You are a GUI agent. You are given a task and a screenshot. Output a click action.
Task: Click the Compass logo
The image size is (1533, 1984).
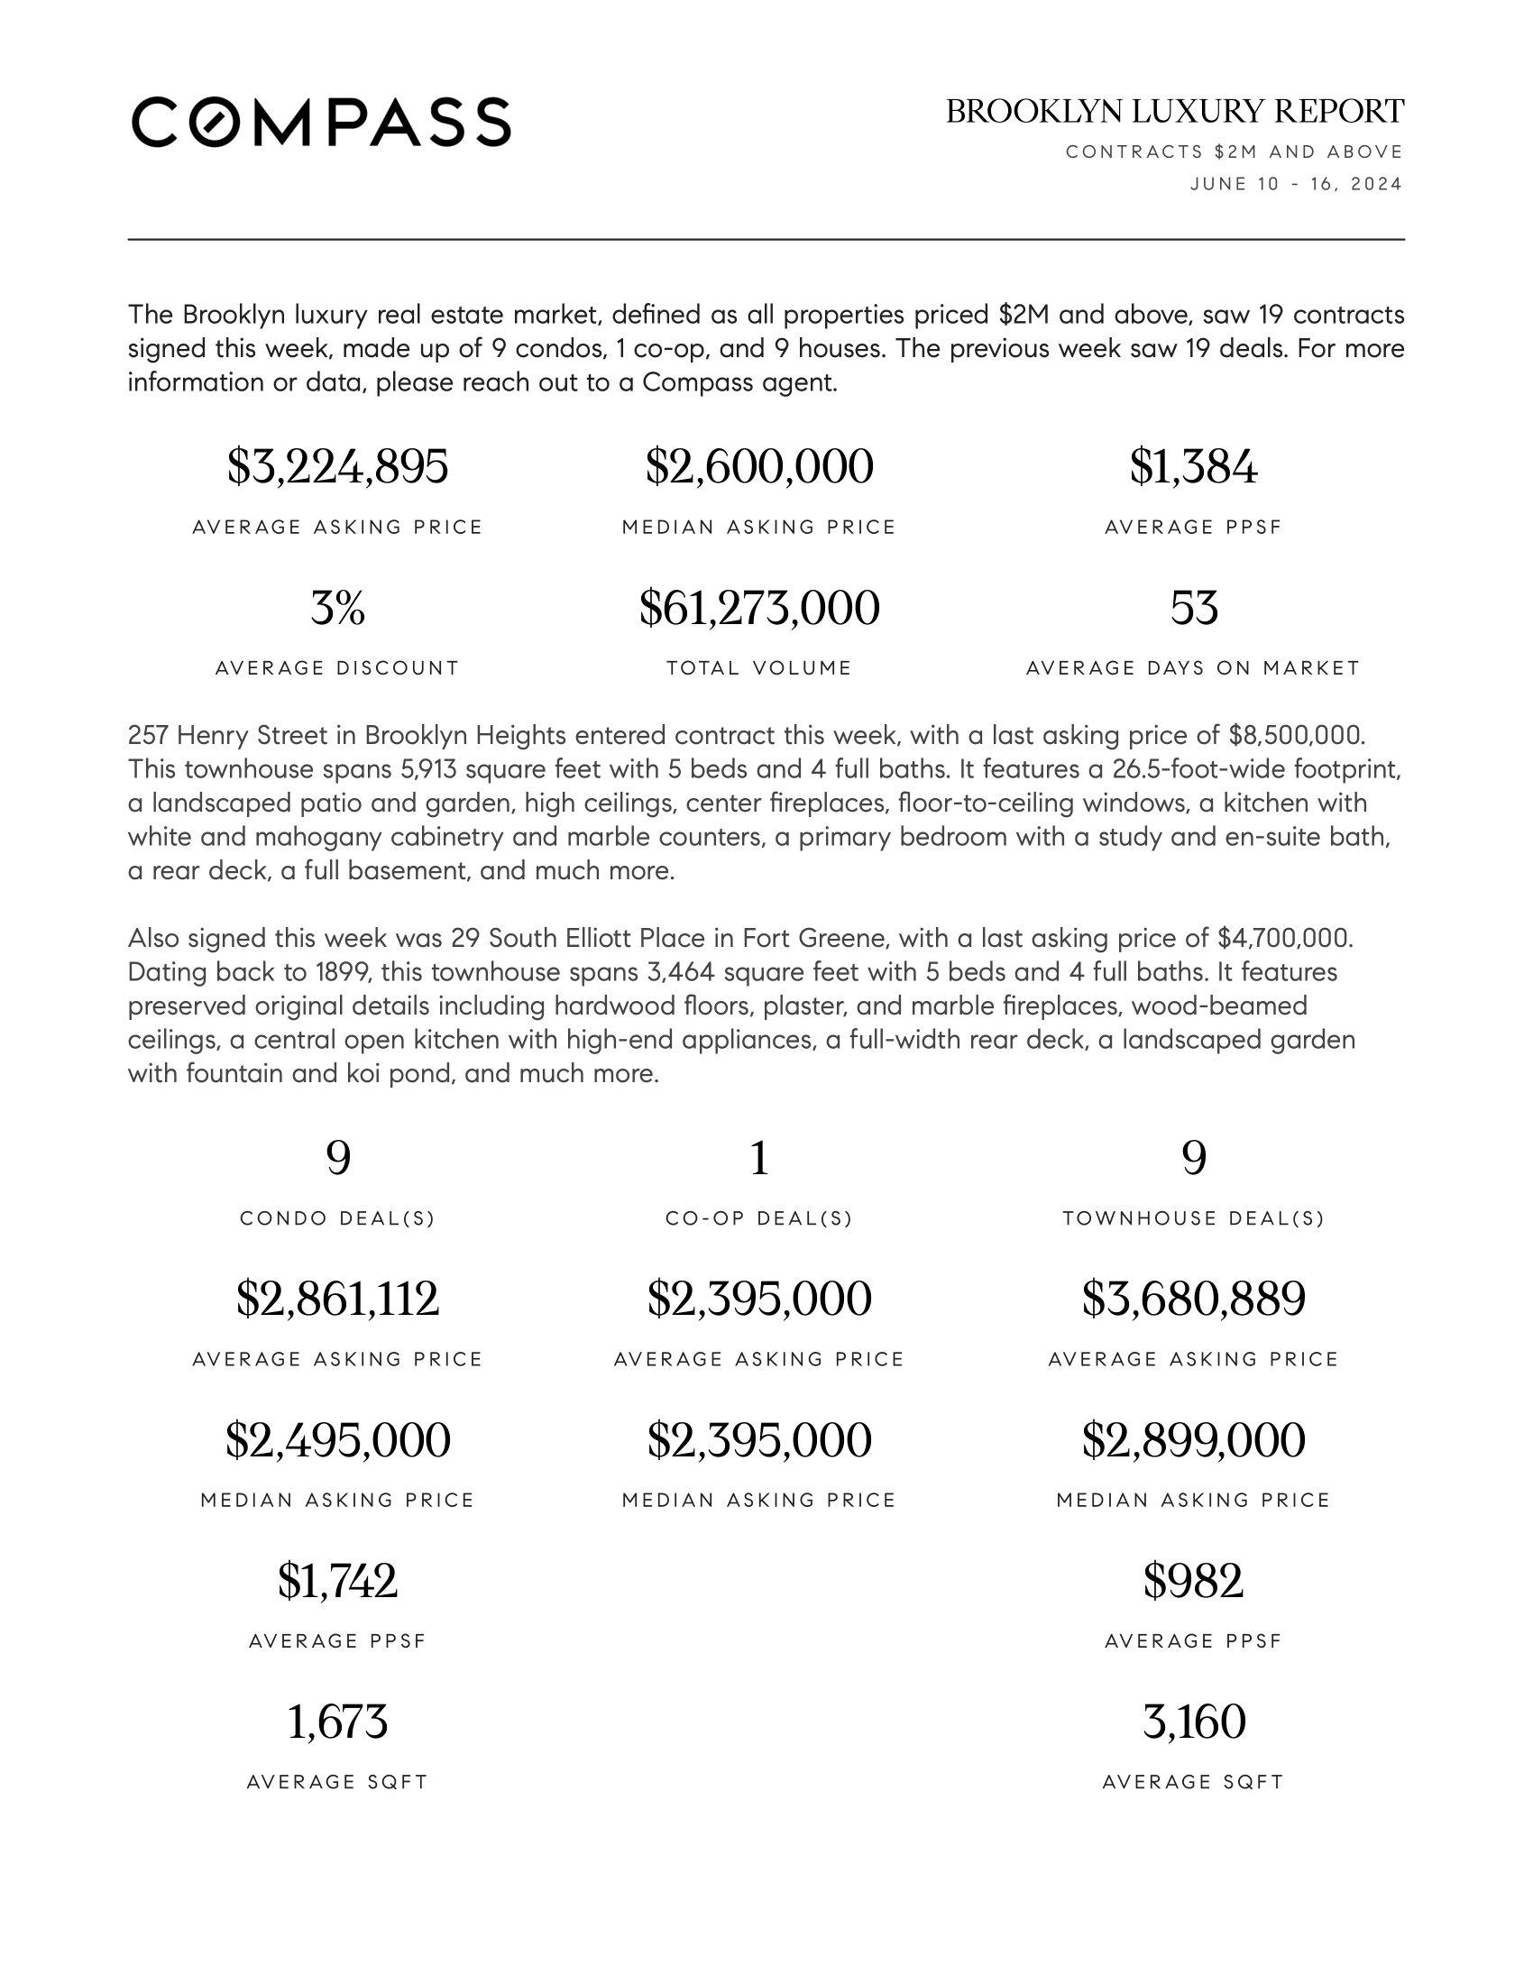coord(321,122)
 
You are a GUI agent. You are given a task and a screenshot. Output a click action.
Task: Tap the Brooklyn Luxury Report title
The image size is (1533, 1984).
coord(1174,112)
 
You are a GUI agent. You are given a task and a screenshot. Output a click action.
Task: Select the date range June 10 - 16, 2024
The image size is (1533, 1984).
coord(1296,184)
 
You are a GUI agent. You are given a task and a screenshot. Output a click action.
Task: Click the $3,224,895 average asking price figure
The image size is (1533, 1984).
coord(337,467)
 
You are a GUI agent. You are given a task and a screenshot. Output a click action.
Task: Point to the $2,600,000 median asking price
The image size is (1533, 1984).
coord(759,467)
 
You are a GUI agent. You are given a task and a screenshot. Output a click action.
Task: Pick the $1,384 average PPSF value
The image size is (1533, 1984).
coord(1193,467)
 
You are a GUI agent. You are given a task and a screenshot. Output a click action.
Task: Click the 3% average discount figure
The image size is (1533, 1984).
coord(337,608)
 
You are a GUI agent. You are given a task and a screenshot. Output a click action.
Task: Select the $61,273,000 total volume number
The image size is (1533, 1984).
coord(759,608)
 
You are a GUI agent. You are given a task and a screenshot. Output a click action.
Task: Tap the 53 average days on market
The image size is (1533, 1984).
coord(1193,608)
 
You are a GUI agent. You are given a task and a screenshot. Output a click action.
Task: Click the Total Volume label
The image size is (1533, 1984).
coord(759,668)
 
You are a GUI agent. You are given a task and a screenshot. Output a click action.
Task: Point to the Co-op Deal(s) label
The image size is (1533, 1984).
coord(759,1219)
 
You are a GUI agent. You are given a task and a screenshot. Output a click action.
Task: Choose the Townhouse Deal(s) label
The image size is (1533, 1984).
coord(1193,1219)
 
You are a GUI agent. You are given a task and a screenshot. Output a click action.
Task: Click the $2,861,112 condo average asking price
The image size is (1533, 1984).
coord(337,1299)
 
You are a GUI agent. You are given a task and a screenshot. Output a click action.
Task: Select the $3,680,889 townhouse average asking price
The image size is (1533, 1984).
coord(1193,1299)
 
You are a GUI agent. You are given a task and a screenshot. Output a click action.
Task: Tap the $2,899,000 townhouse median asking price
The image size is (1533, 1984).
coord(1193,1440)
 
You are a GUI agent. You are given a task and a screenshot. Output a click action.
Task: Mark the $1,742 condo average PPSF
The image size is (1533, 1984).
coord(337,1581)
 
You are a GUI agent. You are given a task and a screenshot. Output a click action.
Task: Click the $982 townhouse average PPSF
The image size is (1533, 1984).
coord(1193,1581)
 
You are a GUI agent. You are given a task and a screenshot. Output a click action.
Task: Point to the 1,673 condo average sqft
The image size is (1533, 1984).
coord(337,1722)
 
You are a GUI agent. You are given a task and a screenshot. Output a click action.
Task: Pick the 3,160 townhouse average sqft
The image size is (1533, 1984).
coord(1193,1722)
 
